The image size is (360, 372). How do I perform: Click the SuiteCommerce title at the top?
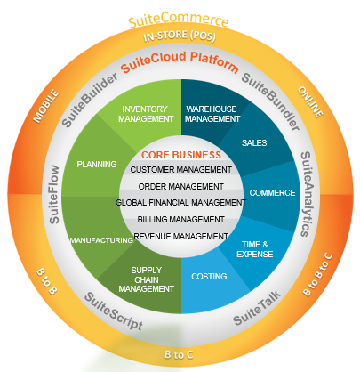click(179, 20)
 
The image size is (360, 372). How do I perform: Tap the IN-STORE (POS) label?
click(180, 36)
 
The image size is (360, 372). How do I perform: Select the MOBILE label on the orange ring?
click(45, 106)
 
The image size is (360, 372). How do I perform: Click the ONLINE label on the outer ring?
click(310, 102)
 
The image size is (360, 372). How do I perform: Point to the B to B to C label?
click(317, 274)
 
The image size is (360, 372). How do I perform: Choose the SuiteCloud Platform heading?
click(180, 61)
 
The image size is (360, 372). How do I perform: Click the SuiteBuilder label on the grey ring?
click(89, 100)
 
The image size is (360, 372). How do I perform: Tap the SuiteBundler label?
click(270, 101)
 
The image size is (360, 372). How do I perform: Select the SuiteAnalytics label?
click(306, 194)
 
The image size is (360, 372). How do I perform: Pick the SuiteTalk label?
click(257, 308)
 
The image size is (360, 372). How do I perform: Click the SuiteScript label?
click(114, 311)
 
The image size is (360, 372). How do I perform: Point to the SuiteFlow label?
click(54, 194)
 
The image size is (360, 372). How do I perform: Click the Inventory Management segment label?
click(146, 114)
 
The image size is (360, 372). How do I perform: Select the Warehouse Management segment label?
click(212, 114)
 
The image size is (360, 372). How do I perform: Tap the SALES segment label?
click(254, 143)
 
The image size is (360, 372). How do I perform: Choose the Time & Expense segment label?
click(255, 249)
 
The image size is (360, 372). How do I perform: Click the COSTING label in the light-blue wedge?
click(209, 277)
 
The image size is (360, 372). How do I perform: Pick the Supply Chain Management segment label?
click(147, 279)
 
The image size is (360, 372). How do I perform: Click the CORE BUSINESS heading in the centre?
click(181, 155)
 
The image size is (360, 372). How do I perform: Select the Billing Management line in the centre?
click(180, 220)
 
